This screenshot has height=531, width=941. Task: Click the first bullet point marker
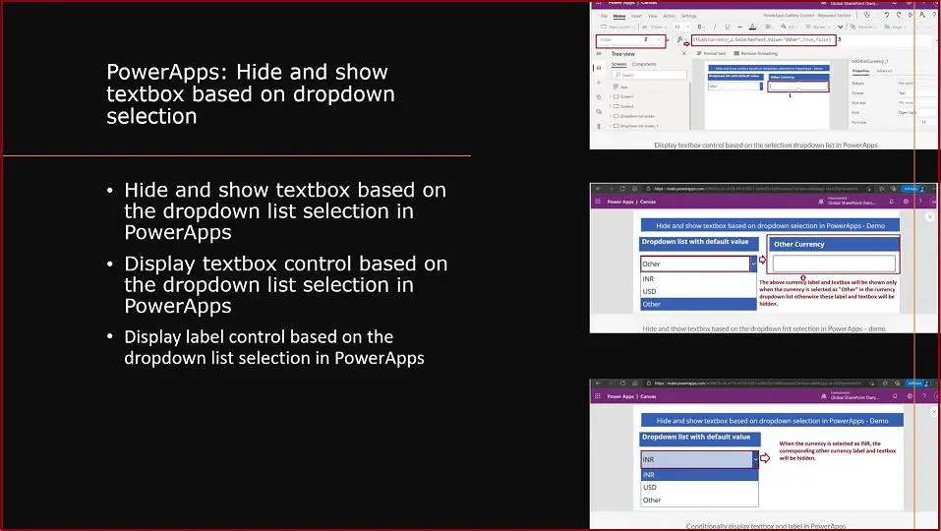[x=112, y=190]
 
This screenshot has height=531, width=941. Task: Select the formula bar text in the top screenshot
[x=763, y=39]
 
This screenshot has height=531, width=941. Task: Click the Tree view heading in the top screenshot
[x=622, y=54]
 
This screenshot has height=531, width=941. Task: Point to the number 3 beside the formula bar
[x=839, y=39]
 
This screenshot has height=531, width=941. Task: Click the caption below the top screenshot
[x=765, y=145]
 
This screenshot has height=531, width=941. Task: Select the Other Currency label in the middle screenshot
[x=797, y=244]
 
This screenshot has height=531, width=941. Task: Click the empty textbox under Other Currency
[x=833, y=264]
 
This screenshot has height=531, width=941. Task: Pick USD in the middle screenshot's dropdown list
[x=649, y=291]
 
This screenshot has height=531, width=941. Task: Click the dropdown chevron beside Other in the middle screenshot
[x=753, y=264]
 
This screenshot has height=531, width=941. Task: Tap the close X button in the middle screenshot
[x=929, y=216]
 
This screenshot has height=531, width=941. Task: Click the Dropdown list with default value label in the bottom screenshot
[x=696, y=437]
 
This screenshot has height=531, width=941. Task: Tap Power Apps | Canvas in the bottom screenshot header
[x=631, y=396]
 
